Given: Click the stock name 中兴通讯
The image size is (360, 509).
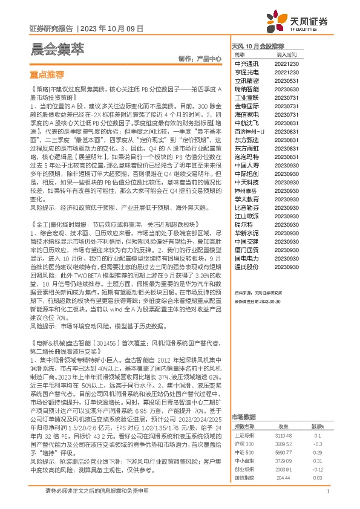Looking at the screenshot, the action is pos(246,63).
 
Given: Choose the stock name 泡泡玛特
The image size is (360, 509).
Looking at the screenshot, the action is pos(246,157).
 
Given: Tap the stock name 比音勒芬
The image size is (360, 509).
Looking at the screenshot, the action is pos(246,207).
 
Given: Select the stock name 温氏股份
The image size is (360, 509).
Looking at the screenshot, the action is pos(246,267).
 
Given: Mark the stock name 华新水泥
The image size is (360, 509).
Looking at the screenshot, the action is pos(246,233).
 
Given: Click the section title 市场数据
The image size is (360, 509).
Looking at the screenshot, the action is pos(245,417).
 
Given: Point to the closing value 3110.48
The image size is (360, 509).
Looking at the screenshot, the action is pos(283,435).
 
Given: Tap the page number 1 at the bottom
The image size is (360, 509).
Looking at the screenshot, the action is pos(327,492).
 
